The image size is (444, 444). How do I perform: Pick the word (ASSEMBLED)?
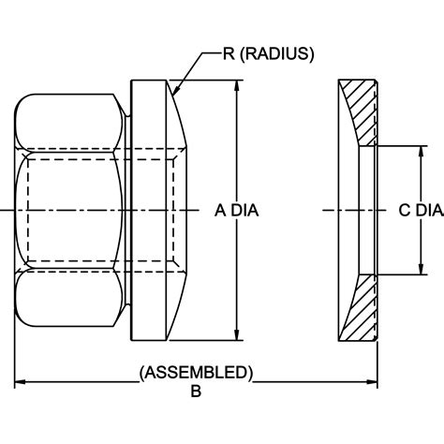coord(196,372)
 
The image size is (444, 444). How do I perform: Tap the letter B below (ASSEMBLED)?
coord(196,392)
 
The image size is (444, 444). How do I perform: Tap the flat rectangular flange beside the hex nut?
coord(150,210)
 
